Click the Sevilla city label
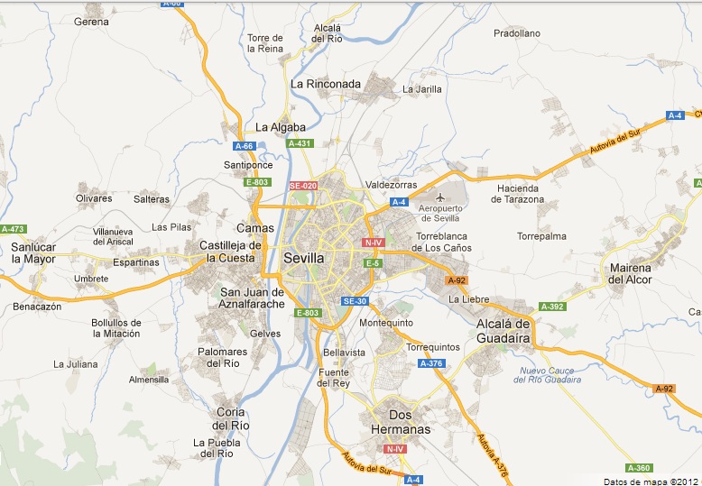click(x=303, y=257)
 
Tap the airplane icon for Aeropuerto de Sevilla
click(x=440, y=197)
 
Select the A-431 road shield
click(x=299, y=143)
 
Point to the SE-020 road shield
click(x=303, y=186)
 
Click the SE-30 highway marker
click(x=354, y=301)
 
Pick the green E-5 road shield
click(x=372, y=263)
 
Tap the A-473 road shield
click(x=13, y=229)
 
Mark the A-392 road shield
click(x=552, y=307)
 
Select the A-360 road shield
click(x=638, y=467)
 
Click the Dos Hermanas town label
click(x=401, y=423)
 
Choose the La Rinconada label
click(x=326, y=84)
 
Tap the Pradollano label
click(x=517, y=33)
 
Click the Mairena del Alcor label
click(x=630, y=273)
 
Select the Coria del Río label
click(x=226, y=418)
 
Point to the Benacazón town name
click(x=38, y=307)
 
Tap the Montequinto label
click(x=386, y=322)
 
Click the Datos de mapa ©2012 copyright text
click(x=651, y=481)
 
